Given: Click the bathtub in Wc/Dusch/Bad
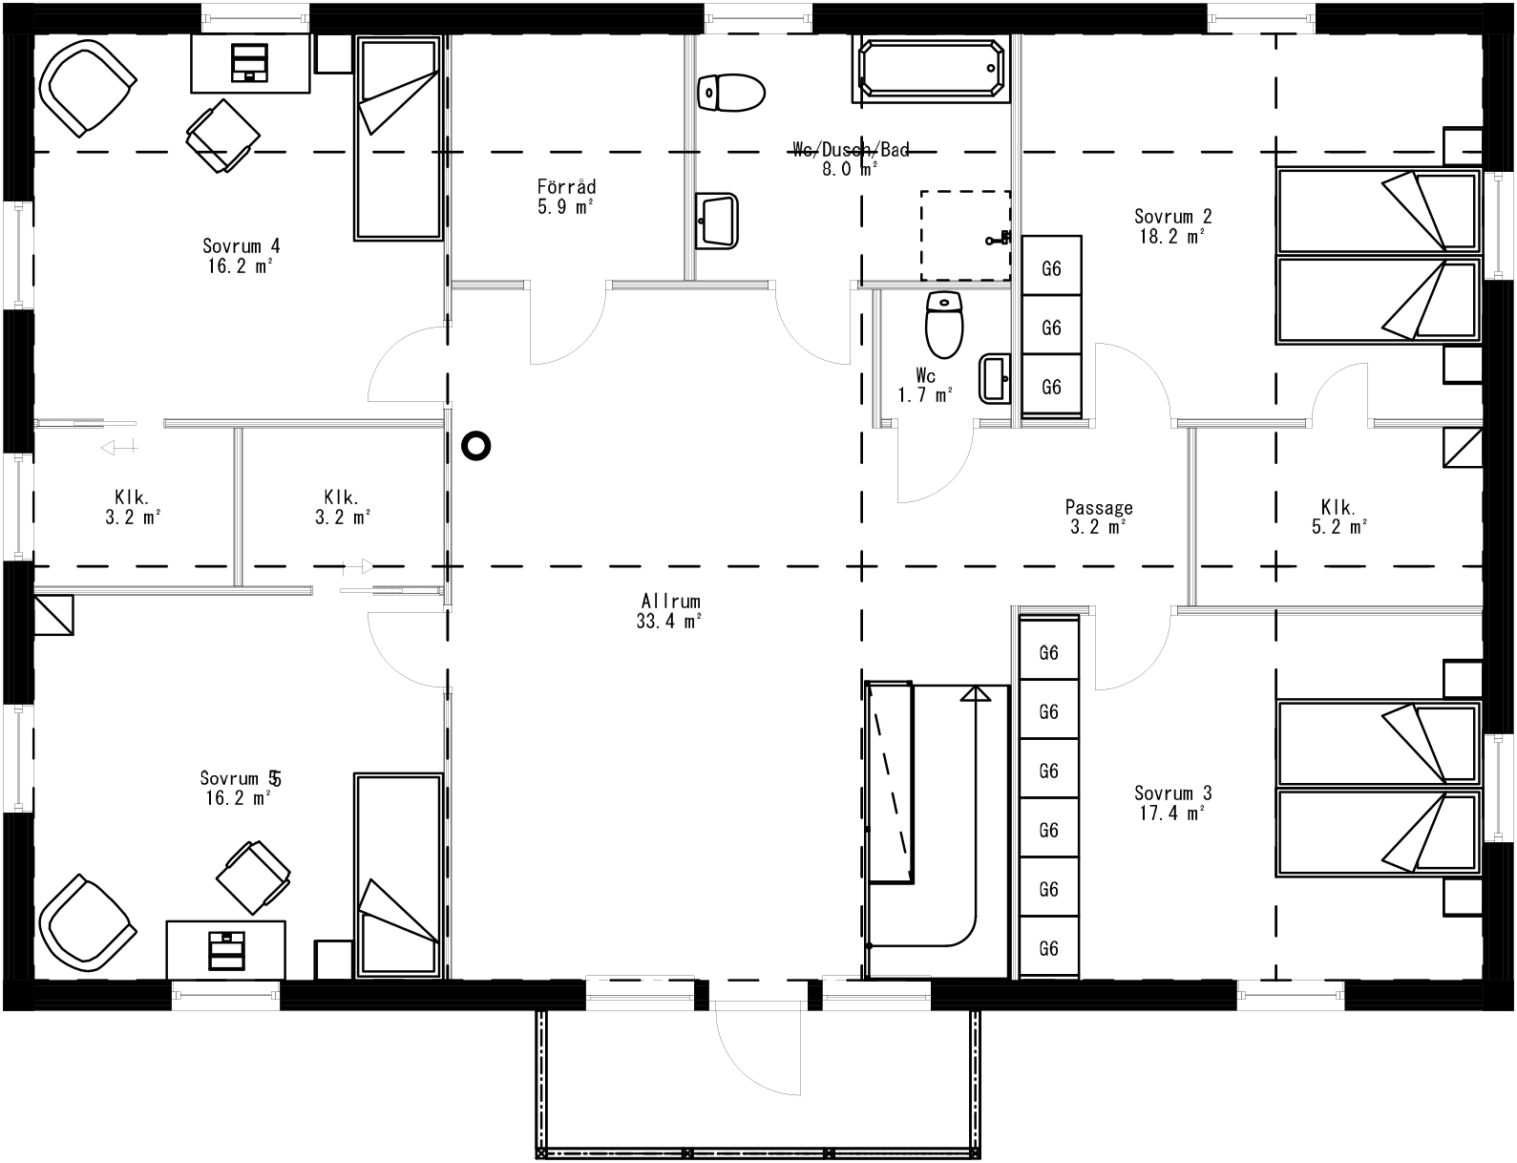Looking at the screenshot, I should point(932,70).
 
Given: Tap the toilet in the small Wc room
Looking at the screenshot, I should point(944,324).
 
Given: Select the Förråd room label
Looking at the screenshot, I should point(566,196).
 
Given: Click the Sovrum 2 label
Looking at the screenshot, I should point(1172,226).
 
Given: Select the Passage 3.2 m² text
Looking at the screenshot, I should point(1099,518).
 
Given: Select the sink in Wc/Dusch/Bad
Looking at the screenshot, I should point(716,221).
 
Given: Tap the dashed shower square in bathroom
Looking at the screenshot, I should point(964,235).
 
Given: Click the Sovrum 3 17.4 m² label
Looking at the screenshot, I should point(1172,803).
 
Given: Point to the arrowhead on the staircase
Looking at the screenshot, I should point(976,694).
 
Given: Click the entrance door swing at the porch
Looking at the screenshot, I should point(754,1050).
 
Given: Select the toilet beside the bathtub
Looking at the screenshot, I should point(731,93).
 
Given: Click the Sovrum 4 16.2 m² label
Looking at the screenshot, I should point(241,255).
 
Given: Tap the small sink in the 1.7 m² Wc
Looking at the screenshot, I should point(995,379).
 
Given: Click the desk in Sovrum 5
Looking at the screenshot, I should point(225,949).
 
